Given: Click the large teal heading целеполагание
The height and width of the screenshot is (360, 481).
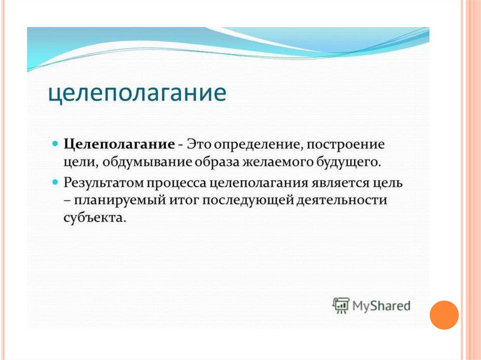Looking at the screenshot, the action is click(x=138, y=93).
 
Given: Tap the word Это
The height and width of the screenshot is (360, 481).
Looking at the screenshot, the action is click(x=199, y=144).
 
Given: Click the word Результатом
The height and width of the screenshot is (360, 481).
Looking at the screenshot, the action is click(x=103, y=183).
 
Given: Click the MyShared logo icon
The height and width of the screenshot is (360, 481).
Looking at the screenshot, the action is click(x=341, y=306).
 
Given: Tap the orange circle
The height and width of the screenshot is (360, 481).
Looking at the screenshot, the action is click(x=444, y=315).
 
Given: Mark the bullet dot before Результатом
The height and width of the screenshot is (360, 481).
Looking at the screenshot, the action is click(x=55, y=182).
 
